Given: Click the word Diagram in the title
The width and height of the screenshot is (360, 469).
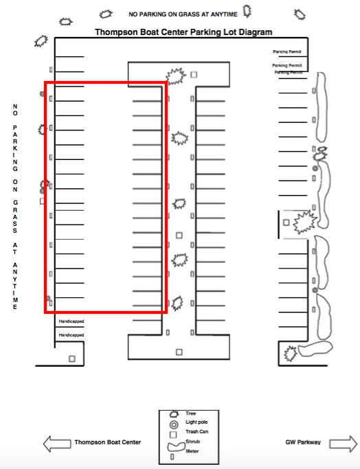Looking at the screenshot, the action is pyautogui.click(x=256, y=32).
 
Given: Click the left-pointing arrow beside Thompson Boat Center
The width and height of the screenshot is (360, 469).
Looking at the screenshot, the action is pyautogui.click(x=57, y=444).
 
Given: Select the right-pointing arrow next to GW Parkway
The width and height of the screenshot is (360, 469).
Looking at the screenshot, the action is pyautogui.click(x=344, y=444).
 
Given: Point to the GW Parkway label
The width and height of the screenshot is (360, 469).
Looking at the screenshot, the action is pyautogui.click(x=303, y=442).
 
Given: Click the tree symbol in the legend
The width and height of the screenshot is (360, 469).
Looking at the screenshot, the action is pyautogui.click(x=174, y=414).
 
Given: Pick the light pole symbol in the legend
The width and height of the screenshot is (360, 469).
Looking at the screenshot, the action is pyautogui.click(x=174, y=424).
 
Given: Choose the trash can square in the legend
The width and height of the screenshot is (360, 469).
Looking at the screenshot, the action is pyautogui.click(x=173, y=434).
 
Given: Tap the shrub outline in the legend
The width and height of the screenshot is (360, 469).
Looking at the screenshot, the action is pyautogui.click(x=177, y=447).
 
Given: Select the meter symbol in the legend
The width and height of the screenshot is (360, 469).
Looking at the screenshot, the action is pyautogui.click(x=172, y=457).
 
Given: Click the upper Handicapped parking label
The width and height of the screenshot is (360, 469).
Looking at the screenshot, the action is pyautogui.click(x=71, y=321).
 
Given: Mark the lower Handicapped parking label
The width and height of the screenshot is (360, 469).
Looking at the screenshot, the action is pyautogui.click(x=71, y=335).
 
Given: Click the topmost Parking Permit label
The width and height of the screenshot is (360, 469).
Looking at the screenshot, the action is pyautogui.click(x=287, y=52).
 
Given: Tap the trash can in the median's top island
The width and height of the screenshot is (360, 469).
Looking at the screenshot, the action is pyautogui.click(x=194, y=74).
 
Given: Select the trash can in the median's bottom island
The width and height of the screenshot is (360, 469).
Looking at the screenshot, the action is pyautogui.click(x=179, y=352).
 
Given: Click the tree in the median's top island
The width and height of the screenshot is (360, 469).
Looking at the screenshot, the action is pyautogui.click(x=176, y=76).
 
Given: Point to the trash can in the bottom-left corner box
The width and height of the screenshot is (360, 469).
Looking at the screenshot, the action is pyautogui.click(x=72, y=358).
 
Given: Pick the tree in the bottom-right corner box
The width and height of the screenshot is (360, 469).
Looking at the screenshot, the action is pyautogui.click(x=290, y=354).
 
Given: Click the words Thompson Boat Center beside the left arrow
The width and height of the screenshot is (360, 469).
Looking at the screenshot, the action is pyautogui.click(x=108, y=442).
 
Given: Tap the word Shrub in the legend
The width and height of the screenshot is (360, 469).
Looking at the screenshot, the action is pyautogui.click(x=193, y=442).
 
